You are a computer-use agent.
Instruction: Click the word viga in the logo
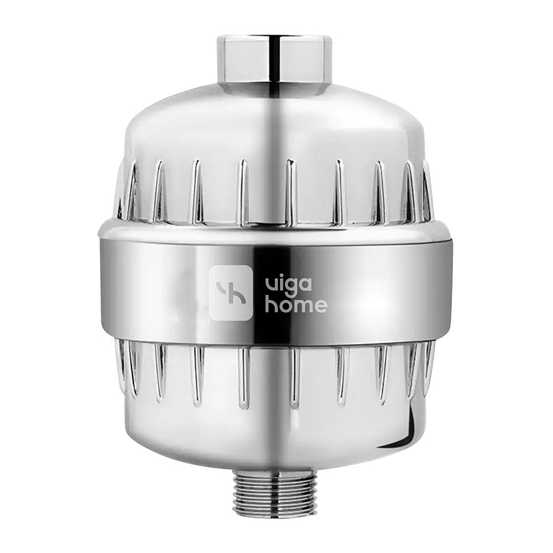(x=288, y=285)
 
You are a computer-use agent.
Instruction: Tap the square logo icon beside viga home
(x=231, y=293)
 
